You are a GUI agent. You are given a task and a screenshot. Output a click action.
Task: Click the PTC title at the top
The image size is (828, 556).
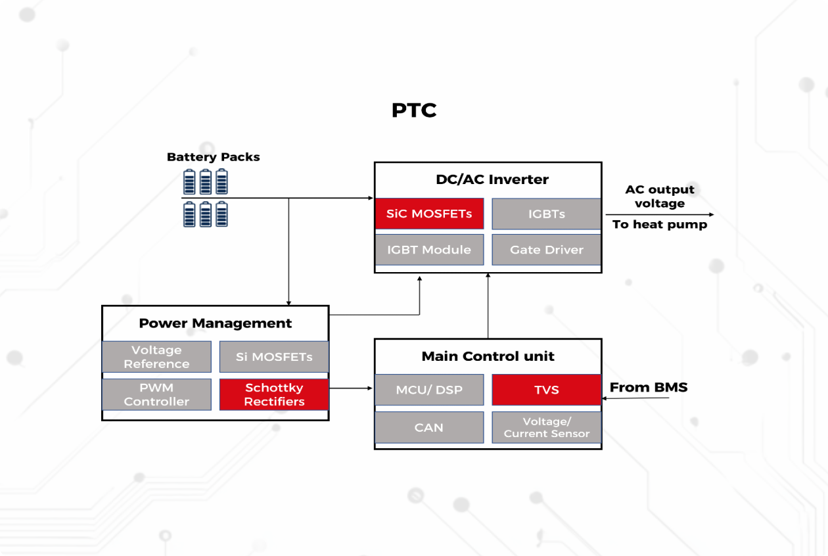coord(414,110)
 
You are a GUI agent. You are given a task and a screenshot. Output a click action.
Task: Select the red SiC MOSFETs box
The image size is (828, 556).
coord(429,214)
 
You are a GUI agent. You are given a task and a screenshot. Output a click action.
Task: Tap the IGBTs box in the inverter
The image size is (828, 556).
coord(546,214)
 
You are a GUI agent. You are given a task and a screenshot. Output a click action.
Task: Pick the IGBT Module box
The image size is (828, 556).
coord(429,250)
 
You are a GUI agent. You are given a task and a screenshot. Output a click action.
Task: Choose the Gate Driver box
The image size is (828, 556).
coord(546,250)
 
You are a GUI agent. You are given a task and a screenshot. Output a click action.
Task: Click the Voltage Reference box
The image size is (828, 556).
coord(156,357)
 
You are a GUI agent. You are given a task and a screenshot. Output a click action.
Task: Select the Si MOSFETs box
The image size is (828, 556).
coord(273,357)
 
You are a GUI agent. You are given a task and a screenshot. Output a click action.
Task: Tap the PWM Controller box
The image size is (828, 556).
coord(156,394)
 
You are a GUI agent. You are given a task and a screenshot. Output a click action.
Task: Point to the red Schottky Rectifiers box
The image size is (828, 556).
coord(273,394)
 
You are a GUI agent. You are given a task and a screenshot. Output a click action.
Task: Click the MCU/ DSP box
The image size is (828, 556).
coord(429,390)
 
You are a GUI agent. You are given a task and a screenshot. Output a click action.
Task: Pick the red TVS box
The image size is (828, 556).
coord(546,390)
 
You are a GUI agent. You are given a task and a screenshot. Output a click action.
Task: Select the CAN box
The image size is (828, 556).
coord(429,427)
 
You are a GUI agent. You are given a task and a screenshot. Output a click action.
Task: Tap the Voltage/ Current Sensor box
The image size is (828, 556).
coord(546,427)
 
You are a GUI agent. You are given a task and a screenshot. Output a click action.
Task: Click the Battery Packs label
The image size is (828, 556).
coord(213,157)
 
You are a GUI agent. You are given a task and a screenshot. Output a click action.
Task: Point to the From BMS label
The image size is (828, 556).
coord(649,387)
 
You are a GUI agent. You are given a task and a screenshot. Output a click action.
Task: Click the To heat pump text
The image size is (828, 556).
coord(659,225)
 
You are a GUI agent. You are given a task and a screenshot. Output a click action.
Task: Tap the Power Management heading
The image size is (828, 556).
coord(215,323)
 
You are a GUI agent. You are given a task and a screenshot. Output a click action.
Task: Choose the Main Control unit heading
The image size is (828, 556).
coord(488,356)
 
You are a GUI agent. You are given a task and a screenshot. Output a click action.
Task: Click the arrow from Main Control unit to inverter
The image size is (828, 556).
coord(488,306)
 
